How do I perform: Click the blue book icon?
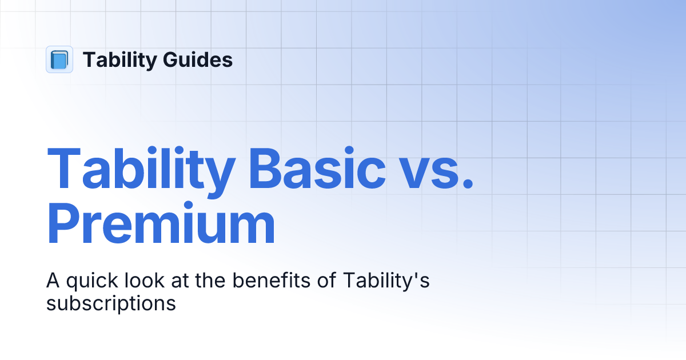coord(59,59)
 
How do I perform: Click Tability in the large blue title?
coord(140,170)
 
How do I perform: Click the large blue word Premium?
coord(161,227)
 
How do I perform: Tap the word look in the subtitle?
coord(138,282)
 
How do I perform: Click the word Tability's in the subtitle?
coord(386,282)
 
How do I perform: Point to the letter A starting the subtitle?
coord(53,282)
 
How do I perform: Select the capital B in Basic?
coord(267,170)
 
